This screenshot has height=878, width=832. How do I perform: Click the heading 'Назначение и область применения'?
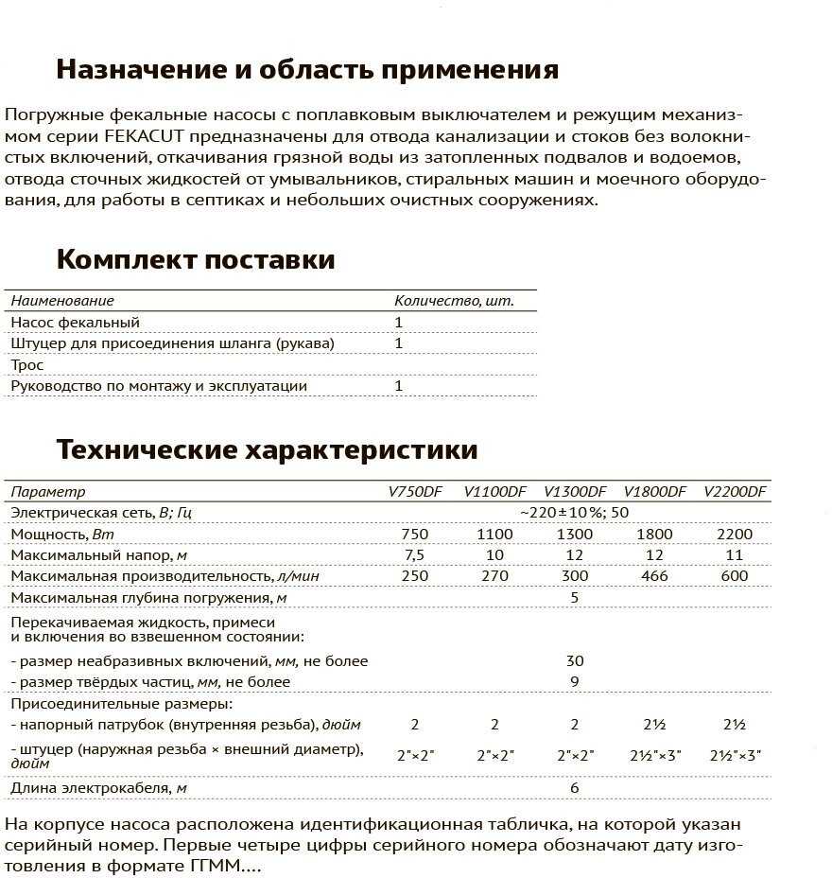(x=307, y=70)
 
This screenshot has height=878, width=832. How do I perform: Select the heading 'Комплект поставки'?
(x=196, y=259)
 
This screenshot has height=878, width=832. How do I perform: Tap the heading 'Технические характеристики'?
(x=267, y=448)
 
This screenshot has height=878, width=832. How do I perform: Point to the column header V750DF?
(x=414, y=492)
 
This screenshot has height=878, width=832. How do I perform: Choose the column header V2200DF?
(x=736, y=492)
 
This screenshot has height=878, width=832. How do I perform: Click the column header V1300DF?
(x=575, y=492)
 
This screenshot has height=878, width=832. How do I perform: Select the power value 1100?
(x=494, y=535)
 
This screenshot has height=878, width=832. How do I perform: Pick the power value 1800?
(x=654, y=535)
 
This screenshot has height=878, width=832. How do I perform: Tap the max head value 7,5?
(x=414, y=555)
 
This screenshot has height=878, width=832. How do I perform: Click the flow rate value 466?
(x=654, y=576)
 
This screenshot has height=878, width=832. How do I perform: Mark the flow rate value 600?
(x=735, y=576)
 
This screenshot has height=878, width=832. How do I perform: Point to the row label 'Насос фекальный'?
(x=75, y=323)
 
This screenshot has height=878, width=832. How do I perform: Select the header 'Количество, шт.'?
(x=454, y=301)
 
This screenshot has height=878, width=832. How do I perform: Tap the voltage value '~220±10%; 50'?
(x=574, y=513)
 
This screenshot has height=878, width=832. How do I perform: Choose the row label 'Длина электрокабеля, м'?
(x=98, y=788)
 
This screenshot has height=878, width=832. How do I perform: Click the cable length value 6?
(x=575, y=788)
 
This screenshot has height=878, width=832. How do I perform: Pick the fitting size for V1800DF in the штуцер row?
(x=654, y=756)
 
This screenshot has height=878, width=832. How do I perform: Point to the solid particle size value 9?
(x=575, y=682)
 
